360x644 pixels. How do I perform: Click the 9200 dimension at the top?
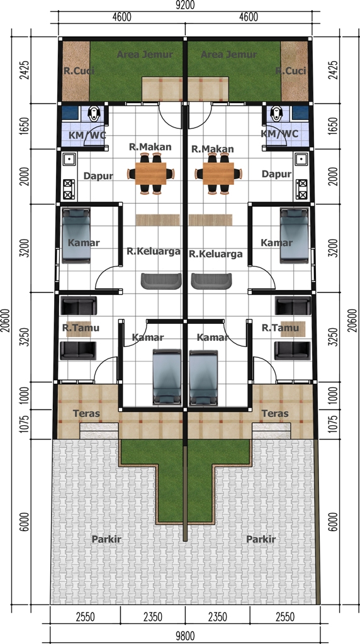[185, 5]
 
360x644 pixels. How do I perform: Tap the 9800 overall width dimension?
[185, 636]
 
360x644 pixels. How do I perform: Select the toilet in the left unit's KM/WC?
[95, 113]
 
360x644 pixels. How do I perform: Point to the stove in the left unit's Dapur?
[69, 189]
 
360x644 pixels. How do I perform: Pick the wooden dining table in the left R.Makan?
[147, 174]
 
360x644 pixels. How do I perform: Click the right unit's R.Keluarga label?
[216, 254]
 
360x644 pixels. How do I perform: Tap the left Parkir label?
[106, 539]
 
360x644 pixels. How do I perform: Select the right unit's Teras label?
[275, 413]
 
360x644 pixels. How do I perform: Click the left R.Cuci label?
[79, 70]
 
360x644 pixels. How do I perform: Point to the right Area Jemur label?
[228, 54]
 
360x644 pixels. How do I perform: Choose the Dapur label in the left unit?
[98, 176]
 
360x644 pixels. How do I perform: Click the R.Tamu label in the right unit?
[280, 328]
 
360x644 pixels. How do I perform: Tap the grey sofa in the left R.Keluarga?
[161, 281]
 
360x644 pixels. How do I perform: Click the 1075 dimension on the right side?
[334, 425]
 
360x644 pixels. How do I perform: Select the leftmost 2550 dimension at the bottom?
[86, 617]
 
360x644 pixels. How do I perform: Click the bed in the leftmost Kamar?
[76, 235]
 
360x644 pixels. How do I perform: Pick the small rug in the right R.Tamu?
[293, 328]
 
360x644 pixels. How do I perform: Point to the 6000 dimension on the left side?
[25, 521]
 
